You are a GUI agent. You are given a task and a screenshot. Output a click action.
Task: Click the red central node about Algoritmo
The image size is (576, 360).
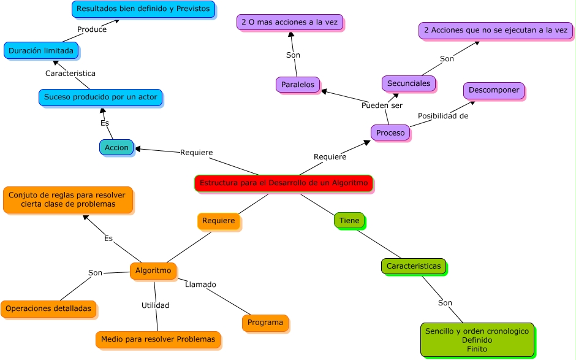(x=284, y=183)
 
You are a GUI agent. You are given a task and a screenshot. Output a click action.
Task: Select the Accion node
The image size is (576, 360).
(x=116, y=147)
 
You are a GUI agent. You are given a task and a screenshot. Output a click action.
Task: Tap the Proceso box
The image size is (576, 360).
(x=390, y=132)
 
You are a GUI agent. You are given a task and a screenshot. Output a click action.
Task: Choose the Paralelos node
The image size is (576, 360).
(x=298, y=85)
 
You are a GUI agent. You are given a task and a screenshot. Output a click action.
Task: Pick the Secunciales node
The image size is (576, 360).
(x=409, y=83)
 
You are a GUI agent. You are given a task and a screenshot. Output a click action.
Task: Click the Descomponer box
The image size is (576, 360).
(x=494, y=90)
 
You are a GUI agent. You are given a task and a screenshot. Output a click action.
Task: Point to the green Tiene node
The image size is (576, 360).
(x=349, y=220)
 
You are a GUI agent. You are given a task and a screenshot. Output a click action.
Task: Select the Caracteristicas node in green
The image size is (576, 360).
(x=414, y=266)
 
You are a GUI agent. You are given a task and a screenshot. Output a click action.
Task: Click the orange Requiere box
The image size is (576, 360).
(x=219, y=221)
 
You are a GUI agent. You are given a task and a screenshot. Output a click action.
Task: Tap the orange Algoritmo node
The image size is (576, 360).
(x=153, y=271)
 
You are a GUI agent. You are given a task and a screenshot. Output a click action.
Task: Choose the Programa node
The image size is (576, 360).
(x=265, y=323)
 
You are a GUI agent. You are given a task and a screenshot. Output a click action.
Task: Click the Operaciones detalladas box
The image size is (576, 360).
(x=48, y=309)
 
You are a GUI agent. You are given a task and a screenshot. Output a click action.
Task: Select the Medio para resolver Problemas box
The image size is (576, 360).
(x=158, y=339)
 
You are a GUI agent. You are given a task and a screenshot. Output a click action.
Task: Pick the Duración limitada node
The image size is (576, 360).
(x=41, y=51)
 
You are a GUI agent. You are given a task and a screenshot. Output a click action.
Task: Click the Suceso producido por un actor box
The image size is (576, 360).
(x=100, y=98)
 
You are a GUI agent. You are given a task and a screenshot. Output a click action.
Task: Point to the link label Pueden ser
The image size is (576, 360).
(x=382, y=105)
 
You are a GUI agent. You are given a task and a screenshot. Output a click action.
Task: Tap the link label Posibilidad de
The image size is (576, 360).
(x=443, y=116)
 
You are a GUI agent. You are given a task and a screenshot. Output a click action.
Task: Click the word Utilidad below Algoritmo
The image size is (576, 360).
(x=156, y=305)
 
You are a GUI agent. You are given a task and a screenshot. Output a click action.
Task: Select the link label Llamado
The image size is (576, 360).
(x=200, y=285)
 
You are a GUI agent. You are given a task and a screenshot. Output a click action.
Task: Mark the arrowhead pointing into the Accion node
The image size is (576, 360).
(x=138, y=148)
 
